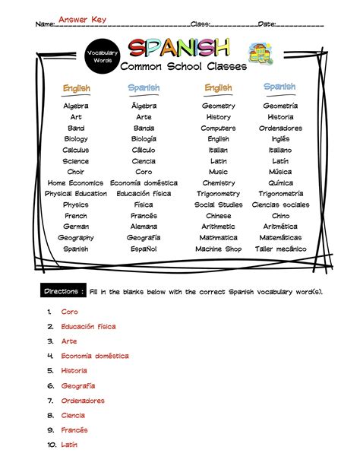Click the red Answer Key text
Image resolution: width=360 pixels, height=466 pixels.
pyautogui.click(x=83, y=19)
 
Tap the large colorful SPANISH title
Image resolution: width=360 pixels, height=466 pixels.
pyautogui.click(x=178, y=49)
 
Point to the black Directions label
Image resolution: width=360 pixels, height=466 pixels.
pyautogui.click(x=63, y=291)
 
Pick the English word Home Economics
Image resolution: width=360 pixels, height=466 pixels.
pyautogui.click(x=75, y=183)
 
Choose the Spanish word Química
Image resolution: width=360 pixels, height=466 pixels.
pyautogui.click(x=280, y=183)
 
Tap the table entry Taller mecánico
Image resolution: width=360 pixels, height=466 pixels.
pyautogui.click(x=280, y=249)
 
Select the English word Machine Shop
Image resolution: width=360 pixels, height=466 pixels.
pyautogui.click(x=218, y=249)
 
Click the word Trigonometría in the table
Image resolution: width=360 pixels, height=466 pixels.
pyautogui.click(x=280, y=194)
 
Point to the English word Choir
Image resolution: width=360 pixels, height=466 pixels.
pyautogui.click(x=75, y=172)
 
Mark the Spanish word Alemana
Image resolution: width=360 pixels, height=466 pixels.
pyautogui.click(x=144, y=227)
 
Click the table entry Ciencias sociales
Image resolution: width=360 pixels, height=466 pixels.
pyautogui.click(x=280, y=205)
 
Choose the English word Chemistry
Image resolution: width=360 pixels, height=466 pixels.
pyautogui.click(x=218, y=183)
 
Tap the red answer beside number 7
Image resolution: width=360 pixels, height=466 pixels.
pyautogui.click(x=83, y=401)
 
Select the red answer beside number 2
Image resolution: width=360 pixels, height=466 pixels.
pyautogui.click(x=88, y=326)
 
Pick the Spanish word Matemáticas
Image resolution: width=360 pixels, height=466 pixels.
pyautogui.click(x=280, y=238)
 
